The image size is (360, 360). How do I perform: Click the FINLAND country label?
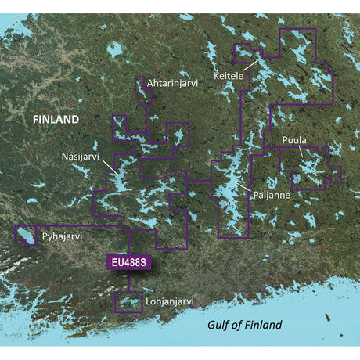coord(55,119)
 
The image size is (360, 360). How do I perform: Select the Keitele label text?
coord(229,77)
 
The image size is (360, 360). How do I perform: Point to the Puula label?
coord(295,141)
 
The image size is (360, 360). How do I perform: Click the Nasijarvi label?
coord(81,156)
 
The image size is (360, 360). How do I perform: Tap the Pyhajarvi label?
coord(63,235)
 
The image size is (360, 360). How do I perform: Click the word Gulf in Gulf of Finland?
coord(221,325)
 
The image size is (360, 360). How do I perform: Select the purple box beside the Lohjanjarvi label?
coord(128,302)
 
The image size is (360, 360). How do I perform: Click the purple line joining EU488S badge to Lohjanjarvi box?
coord(128,282)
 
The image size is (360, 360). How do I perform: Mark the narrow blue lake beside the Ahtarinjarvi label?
coord(142,92)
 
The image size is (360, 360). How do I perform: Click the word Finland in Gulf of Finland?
coord(262,325)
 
